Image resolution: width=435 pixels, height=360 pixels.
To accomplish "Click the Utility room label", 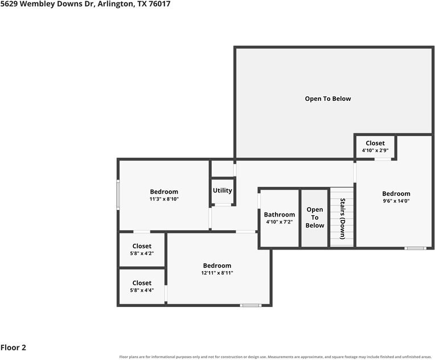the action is pos(222,190).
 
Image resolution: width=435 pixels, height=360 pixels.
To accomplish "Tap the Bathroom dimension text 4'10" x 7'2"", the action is pos(280,222).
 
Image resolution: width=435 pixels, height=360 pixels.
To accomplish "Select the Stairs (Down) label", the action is pos(343,219).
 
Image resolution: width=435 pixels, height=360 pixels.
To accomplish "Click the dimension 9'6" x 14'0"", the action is pos(396,201).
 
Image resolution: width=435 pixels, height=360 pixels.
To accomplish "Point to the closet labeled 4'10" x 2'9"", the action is pos(375,147).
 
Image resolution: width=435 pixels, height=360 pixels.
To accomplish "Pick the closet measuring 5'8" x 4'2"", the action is pos(142,249).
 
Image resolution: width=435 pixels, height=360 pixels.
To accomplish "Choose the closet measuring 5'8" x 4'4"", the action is pos(142,287).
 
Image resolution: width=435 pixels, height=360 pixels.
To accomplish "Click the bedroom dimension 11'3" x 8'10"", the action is pos(164,199).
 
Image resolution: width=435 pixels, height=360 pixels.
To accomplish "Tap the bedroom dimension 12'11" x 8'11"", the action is pos(217,273).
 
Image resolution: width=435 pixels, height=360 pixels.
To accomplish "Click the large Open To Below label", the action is pos(328,99).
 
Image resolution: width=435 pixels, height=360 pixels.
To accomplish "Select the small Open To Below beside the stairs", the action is pos(315,218).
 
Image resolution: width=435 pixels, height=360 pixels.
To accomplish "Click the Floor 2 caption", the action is pos(13,347).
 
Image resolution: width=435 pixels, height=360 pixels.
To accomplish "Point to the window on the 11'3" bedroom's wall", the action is pos(118,195).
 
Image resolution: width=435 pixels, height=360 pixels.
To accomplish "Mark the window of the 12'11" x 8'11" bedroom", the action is pos(251,305).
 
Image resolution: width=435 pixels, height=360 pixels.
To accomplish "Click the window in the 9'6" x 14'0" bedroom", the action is pos(415,248).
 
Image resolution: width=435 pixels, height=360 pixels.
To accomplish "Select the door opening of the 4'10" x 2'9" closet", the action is pos(383,159).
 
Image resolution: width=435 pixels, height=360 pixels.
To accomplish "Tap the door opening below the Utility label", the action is pos(223,205).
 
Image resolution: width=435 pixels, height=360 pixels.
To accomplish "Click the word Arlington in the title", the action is pos(115,4).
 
